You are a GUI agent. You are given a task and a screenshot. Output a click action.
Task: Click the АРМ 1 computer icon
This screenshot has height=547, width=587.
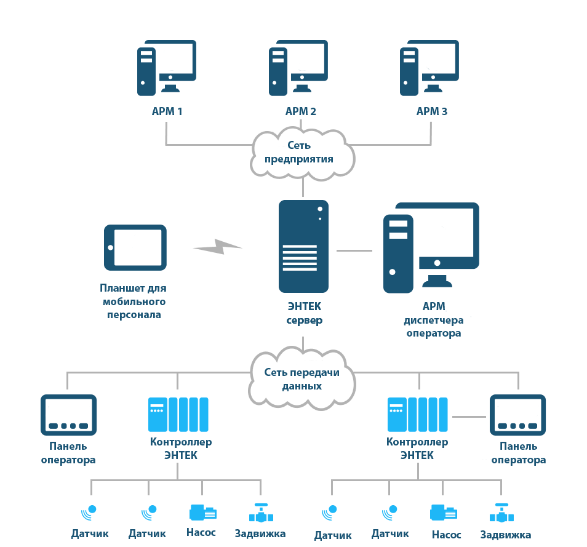tap(167, 68)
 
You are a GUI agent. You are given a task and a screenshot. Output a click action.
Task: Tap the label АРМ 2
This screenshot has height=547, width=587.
tap(301, 111)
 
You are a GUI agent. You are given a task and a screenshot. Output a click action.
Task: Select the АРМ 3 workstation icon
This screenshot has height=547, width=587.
tap(429, 68)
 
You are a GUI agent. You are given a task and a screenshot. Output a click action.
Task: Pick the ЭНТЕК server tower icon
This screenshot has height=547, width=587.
tap(303, 246)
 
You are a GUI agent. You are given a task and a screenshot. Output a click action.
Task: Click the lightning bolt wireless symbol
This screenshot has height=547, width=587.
tap(217, 247)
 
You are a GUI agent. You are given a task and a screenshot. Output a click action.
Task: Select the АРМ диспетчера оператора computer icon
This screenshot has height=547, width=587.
tap(431, 247)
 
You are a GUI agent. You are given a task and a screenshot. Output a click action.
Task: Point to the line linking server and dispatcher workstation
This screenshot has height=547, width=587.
tap(354, 250)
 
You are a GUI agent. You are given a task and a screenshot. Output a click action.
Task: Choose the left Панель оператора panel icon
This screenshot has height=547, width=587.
tap(68, 415)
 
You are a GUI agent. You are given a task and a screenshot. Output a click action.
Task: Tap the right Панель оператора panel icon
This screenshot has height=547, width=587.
tap(517, 415)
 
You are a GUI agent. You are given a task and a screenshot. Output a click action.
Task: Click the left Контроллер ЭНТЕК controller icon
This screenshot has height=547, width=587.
tap(178, 415)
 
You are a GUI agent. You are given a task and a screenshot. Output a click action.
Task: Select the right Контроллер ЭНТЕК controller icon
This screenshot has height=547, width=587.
tap(417, 415)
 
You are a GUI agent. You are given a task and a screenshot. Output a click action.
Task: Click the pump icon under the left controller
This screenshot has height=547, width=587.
tap(203, 513)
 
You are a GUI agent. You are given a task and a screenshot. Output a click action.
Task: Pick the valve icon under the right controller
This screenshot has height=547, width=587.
tap(501, 513)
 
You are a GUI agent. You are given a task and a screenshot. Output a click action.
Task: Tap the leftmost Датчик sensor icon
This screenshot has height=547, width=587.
tap(89, 513)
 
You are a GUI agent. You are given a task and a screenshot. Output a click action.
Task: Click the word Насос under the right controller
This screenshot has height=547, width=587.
tap(446, 535)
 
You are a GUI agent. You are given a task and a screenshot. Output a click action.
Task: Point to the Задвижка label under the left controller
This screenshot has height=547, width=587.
tap(260, 533)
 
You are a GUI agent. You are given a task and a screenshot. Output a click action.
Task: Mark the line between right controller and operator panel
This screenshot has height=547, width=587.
tap(469, 417)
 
